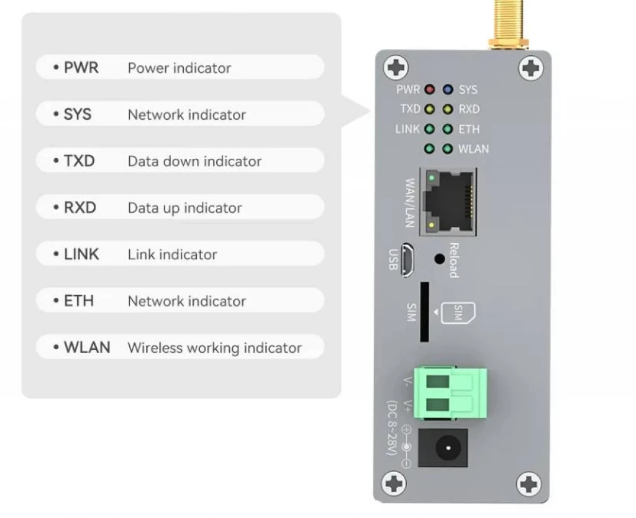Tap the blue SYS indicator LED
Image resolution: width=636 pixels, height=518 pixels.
point(447,90)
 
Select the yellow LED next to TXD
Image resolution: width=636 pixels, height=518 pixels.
point(429,110)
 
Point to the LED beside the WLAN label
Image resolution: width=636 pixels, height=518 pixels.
point(447,149)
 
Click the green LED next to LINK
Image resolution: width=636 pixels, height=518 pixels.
point(429,130)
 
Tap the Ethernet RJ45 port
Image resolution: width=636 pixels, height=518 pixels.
point(447,202)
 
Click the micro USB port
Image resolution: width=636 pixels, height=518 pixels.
point(407,259)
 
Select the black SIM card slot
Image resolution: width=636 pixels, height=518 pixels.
point(425,312)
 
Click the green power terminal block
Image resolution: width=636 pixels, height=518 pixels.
point(450,393)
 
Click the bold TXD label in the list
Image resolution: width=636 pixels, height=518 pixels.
point(79,161)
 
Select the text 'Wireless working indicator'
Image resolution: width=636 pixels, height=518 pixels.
point(214,348)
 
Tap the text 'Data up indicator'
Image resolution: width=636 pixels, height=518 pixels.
point(184,208)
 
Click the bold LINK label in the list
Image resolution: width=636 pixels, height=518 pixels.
point(81,254)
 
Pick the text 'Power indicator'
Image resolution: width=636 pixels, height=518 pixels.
point(179,68)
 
